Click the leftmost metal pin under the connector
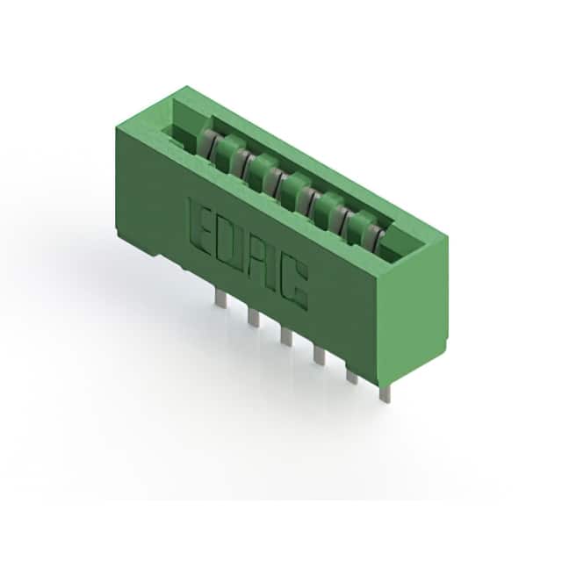(x=220, y=299)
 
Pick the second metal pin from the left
(x=253, y=318)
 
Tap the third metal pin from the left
(x=286, y=336)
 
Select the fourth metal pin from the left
(x=319, y=355)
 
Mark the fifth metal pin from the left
(x=351, y=375)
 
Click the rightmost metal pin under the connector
(x=385, y=393)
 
